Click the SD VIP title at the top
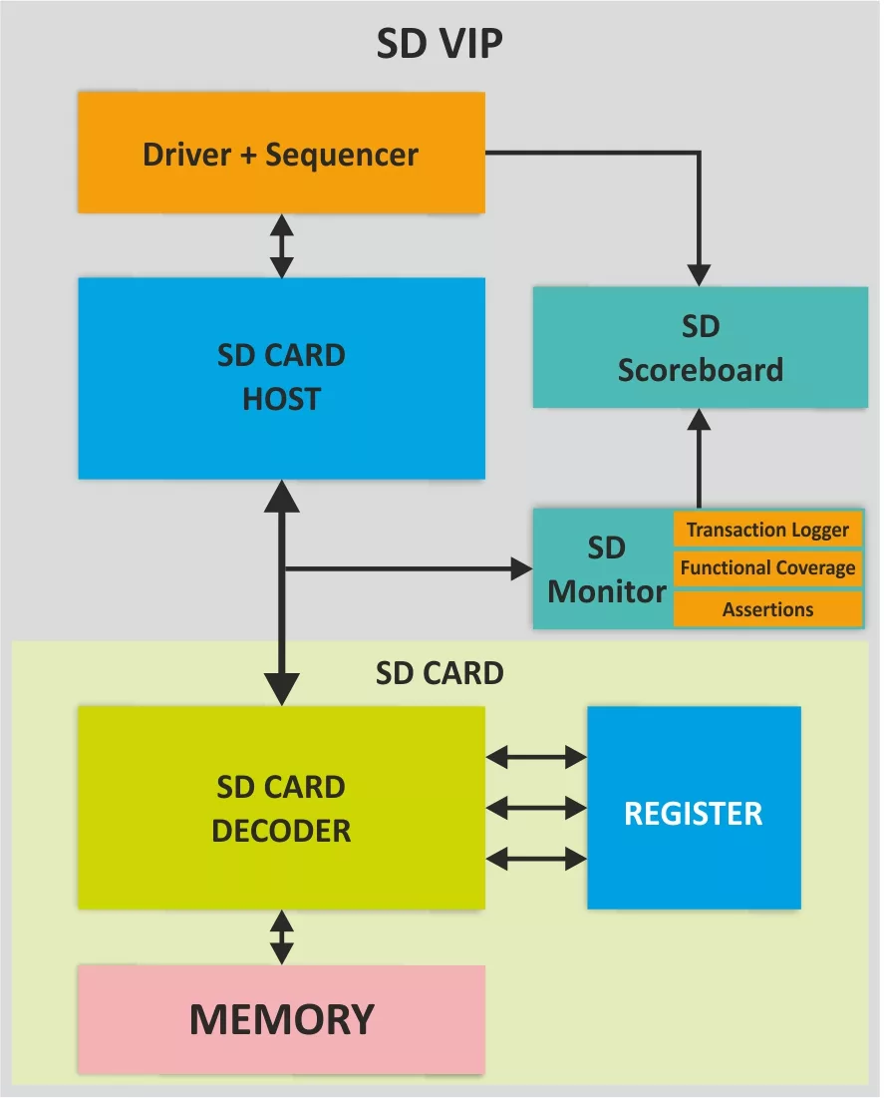(x=440, y=45)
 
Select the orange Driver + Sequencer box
(x=281, y=153)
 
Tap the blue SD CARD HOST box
(x=281, y=377)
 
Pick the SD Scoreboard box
(x=700, y=348)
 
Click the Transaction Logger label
(x=767, y=530)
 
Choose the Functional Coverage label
(x=767, y=568)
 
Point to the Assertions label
(x=767, y=609)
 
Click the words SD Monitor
(x=606, y=569)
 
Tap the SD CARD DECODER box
(x=281, y=808)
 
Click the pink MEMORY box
(x=281, y=1018)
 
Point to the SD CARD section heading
(x=440, y=673)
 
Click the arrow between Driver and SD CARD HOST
(x=282, y=245)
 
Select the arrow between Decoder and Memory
(x=282, y=936)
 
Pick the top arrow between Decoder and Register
(x=536, y=758)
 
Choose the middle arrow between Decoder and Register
(x=536, y=806)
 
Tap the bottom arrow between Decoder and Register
(x=536, y=857)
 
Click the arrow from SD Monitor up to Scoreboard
(x=700, y=459)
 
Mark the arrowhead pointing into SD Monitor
(x=521, y=569)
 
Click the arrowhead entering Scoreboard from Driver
(x=700, y=275)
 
